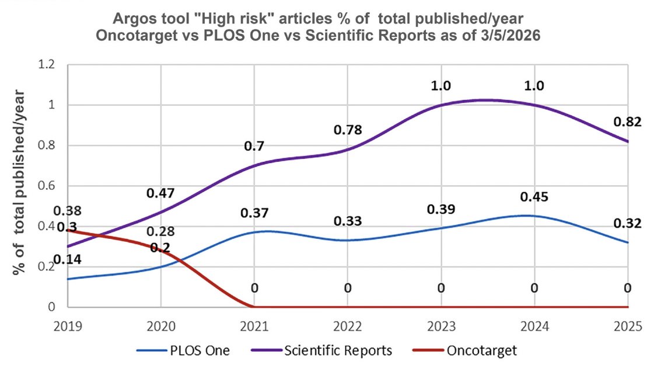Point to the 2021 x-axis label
click(254, 325)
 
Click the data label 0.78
click(347, 130)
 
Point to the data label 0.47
click(160, 193)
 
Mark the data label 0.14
click(67, 259)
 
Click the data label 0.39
click(441, 209)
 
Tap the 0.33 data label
click(347, 221)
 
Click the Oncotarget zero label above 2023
click(441, 288)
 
